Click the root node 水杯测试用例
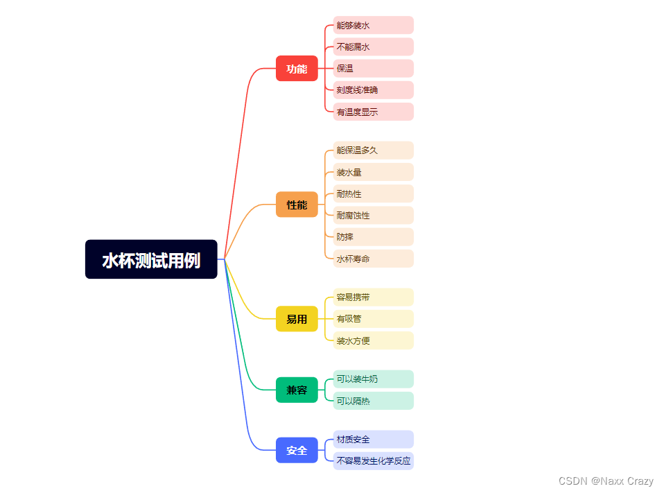[x=151, y=259]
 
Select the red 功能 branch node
[x=297, y=69]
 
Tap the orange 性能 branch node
[x=297, y=205]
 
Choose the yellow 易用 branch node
[x=297, y=319]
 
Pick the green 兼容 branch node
[x=297, y=390]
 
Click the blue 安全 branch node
[x=297, y=450]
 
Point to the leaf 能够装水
[x=373, y=26]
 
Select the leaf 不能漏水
[x=373, y=47]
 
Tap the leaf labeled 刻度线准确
[x=373, y=90]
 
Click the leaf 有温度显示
[x=373, y=112]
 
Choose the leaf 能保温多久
[x=373, y=150]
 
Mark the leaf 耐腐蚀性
[x=373, y=215]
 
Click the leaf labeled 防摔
[x=373, y=237]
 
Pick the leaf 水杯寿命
[x=373, y=259]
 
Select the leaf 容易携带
[x=373, y=297]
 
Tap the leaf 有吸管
[x=373, y=319]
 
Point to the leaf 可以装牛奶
[x=373, y=379]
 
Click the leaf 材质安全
[x=373, y=440]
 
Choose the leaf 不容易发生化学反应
[x=374, y=461]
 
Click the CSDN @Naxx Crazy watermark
[x=605, y=481]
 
